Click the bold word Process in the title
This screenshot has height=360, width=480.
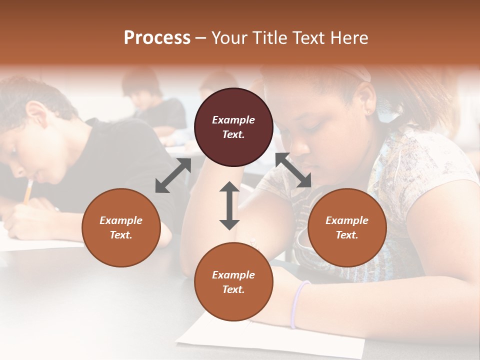[x=157, y=38]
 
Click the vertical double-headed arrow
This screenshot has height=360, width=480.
[x=229, y=205]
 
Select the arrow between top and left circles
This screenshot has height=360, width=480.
[x=173, y=175]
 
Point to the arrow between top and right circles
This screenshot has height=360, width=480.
[x=293, y=170]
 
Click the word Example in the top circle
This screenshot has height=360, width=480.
[x=233, y=120]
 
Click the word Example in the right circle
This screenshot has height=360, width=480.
[x=347, y=220]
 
